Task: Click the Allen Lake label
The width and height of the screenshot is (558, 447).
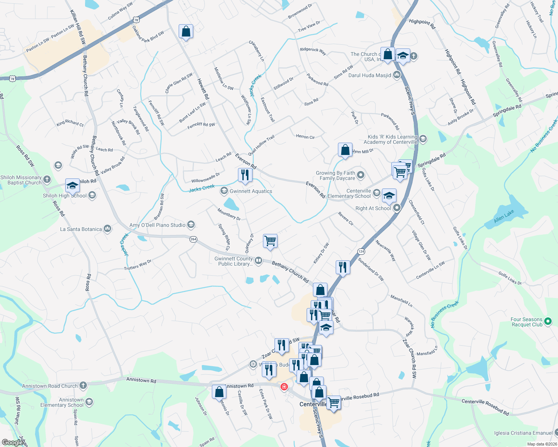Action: coord(504,216)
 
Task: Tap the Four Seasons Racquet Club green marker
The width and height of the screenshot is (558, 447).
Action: coord(548,321)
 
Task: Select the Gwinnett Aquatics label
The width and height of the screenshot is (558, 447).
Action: coord(251,191)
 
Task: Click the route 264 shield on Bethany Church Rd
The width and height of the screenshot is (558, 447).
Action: coord(193,239)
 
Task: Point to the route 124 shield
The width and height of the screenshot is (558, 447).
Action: coord(361,252)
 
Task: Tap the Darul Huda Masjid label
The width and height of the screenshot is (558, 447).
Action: coord(370,75)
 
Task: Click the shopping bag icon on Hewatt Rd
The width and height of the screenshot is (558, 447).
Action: coord(186,32)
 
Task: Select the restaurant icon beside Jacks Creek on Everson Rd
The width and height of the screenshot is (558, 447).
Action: coord(245,175)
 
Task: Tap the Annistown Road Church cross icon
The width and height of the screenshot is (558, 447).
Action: coord(83,386)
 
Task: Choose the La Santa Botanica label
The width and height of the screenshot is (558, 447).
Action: coord(81,229)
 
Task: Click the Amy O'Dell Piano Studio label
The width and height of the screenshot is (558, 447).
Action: coord(157,225)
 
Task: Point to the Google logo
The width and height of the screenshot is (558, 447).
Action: coord(13,442)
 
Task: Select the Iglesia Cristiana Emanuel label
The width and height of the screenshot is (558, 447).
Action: coord(523,433)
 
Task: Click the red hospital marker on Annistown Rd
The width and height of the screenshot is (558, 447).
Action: coord(284,387)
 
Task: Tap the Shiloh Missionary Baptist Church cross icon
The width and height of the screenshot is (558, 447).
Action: coord(47,180)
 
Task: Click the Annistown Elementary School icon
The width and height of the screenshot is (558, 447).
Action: coord(89,402)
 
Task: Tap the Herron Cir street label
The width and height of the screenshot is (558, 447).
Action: coord(305,137)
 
